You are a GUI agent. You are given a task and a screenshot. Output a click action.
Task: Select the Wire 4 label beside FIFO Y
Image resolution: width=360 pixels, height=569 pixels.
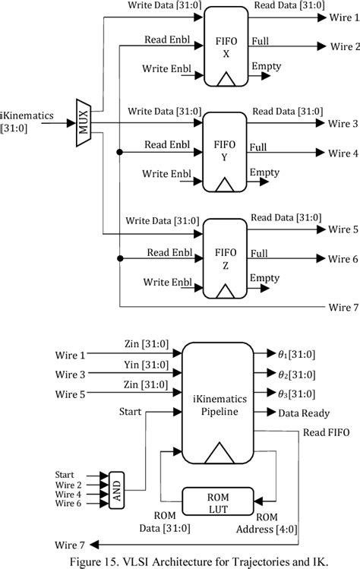tap(342, 153)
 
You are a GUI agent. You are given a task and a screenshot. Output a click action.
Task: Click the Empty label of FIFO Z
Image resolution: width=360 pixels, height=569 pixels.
tap(265, 278)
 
